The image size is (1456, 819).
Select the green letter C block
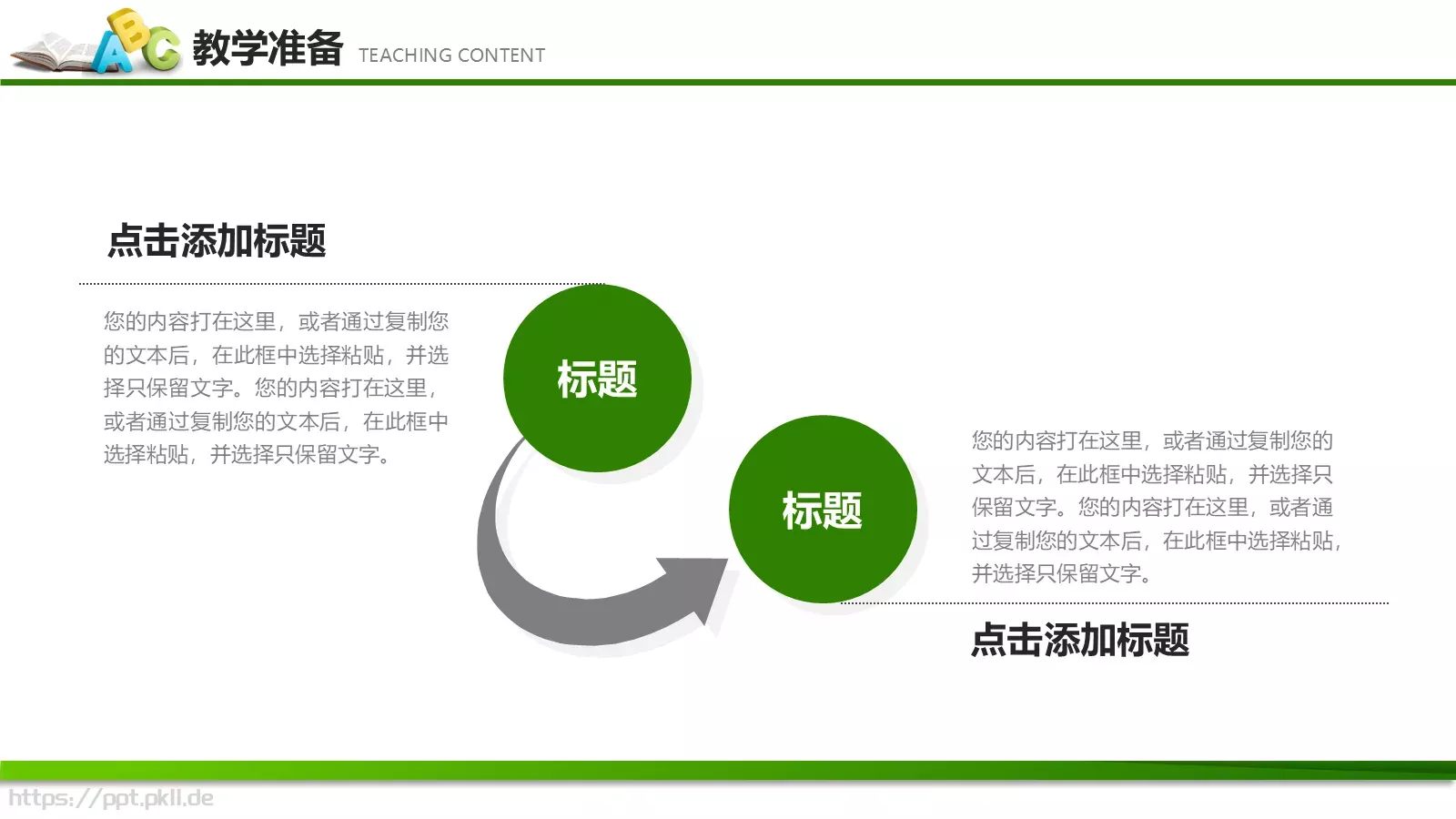point(162,49)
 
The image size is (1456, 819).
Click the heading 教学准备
point(268,48)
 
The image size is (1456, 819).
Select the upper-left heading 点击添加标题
point(217,241)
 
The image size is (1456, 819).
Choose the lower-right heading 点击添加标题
point(1080,640)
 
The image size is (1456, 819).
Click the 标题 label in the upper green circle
point(597,379)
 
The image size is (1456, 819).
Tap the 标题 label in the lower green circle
point(823,511)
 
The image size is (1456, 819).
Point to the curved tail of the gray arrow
point(510,564)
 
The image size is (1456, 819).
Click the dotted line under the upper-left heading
point(341,284)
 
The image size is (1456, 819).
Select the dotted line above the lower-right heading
point(1115,602)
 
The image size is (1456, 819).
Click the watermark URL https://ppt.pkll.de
point(111,798)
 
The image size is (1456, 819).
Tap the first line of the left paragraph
point(276,321)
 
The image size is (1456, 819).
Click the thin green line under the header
point(728,82)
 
